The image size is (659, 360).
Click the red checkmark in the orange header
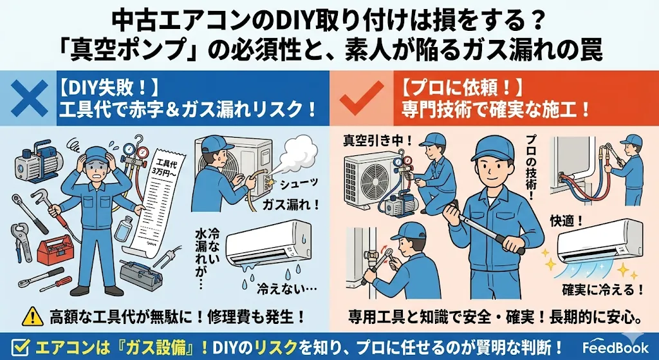[362, 98]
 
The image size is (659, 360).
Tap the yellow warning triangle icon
[32, 316]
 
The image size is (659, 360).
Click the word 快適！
[566, 221]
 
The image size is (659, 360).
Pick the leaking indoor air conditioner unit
[268, 244]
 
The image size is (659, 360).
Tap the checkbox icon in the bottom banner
[21, 347]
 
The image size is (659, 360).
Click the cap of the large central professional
[492, 149]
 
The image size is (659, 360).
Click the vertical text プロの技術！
[530, 168]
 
